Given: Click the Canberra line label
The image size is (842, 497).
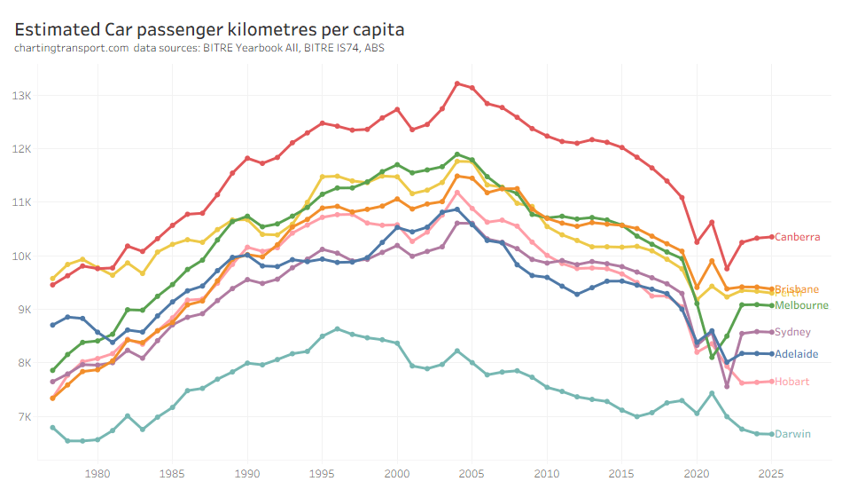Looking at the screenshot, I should click(796, 237).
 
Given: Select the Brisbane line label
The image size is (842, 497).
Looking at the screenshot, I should click(796, 289).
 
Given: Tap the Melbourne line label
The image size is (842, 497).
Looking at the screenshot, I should click(800, 305).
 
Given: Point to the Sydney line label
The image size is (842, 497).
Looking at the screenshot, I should click(792, 332).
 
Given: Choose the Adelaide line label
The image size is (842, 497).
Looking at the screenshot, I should click(796, 354).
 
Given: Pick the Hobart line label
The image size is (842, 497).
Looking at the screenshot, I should click(791, 382).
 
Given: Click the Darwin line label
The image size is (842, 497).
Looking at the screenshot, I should click(792, 434).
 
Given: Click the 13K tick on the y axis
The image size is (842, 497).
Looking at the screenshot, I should click(21, 95).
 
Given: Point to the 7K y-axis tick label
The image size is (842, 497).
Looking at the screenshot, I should click(23, 417).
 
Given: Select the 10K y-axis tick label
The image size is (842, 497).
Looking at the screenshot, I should click(21, 256).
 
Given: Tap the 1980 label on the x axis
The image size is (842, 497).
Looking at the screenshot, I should click(97, 473).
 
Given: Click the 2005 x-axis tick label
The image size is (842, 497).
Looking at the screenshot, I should click(472, 473).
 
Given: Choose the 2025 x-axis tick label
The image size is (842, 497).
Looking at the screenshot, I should click(772, 473).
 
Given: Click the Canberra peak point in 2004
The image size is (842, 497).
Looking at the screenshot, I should click(457, 83).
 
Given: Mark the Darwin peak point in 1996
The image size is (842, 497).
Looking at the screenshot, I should click(337, 329).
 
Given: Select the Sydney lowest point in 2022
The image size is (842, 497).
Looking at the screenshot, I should click(727, 386).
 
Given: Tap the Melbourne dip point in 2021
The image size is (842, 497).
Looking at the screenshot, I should click(712, 357).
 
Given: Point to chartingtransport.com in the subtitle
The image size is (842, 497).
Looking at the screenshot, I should click(71, 47).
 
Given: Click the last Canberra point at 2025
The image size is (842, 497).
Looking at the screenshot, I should click(772, 237).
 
